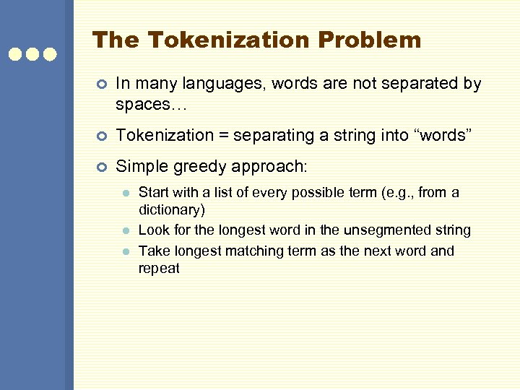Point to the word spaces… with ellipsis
150,104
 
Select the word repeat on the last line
159,269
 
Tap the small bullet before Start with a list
125,194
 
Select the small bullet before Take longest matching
125,251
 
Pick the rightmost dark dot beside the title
50,54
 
